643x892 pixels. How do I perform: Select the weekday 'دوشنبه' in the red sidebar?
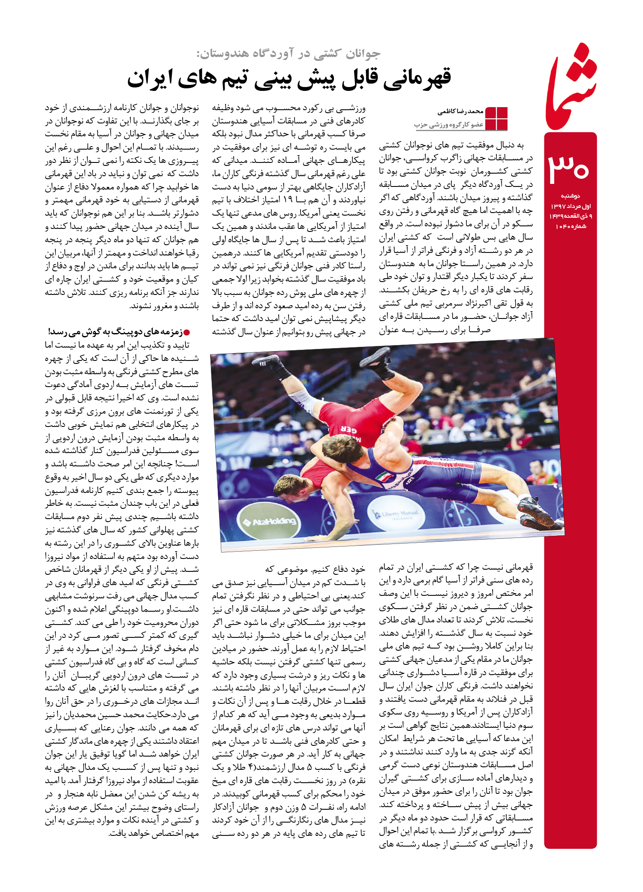(x=571, y=196)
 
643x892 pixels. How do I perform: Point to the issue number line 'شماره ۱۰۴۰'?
(x=571, y=226)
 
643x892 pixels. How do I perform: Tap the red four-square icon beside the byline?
(x=496, y=118)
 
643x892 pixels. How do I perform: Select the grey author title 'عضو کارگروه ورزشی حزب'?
(x=449, y=125)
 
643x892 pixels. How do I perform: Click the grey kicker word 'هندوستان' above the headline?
(x=223, y=54)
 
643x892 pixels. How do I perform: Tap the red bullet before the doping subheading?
(x=187, y=332)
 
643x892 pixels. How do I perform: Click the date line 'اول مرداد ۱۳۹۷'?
(x=571, y=206)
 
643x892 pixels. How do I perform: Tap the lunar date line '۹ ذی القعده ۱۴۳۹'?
(x=571, y=216)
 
